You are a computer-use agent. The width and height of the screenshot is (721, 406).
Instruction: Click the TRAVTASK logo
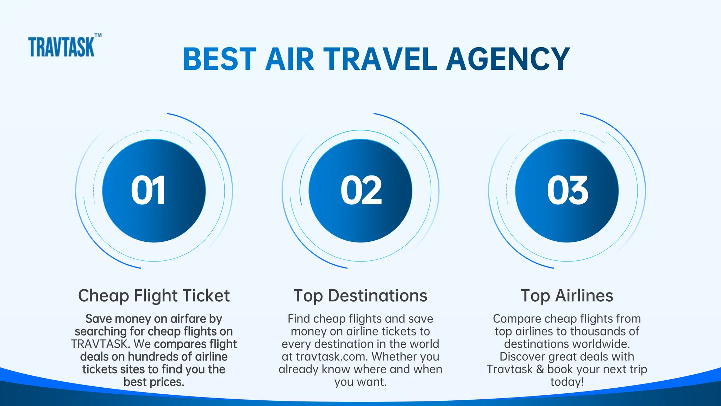tap(61, 47)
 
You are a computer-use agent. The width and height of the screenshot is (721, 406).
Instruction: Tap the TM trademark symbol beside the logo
tap(98, 35)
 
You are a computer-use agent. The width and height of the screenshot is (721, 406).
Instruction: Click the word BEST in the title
tap(219, 59)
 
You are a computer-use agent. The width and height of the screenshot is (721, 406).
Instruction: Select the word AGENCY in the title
tap(508, 59)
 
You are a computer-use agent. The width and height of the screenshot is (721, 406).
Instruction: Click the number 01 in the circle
tap(148, 191)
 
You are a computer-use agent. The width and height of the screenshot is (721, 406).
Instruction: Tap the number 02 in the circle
tap(361, 191)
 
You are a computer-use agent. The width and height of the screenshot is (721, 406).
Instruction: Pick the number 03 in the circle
tap(567, 191)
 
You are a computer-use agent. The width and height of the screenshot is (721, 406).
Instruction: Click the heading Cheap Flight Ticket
tap(154, 296)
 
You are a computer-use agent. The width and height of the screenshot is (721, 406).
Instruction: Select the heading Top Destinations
tap(360, 296)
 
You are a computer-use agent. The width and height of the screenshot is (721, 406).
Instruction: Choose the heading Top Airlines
tap(567, 296)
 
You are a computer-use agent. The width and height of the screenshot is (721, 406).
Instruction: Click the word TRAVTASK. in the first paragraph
tap(100, 344)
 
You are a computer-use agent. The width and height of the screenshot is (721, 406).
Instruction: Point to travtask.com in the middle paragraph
tap(332, 357)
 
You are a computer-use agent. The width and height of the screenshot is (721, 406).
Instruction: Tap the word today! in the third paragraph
tap(567, 382)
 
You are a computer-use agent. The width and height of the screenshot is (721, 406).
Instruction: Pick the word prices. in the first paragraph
tap(168, 382)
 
